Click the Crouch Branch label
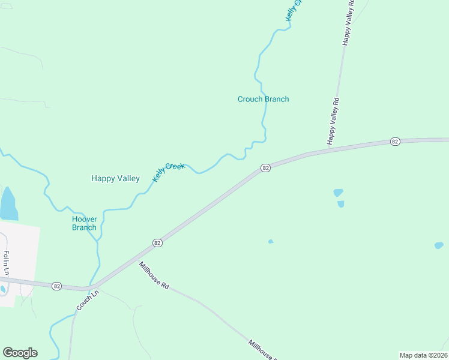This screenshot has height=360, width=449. (x=263, y=99)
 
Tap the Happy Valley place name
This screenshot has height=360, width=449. (x=115, y=178)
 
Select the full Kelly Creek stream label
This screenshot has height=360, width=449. (x=168, y=172)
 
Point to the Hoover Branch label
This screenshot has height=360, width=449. (x=84, y=223)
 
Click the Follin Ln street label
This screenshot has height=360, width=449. (x=7, y=263)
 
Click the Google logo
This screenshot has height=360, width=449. (x=20, y=353)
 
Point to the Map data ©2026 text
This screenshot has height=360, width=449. (x=423, y=355)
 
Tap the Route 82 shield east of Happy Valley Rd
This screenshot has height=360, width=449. (x=394, y=141)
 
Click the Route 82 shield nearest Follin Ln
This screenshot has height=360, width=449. (x=56, y=286)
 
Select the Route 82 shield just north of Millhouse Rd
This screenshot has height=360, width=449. (x=157, y=242)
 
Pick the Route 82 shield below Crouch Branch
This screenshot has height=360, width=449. (x=265, y=168)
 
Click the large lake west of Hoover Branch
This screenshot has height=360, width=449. (x=8, y=205)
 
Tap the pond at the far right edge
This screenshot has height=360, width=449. (x=439, y=245)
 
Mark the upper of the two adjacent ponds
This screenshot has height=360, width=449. (x=338, y=193)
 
